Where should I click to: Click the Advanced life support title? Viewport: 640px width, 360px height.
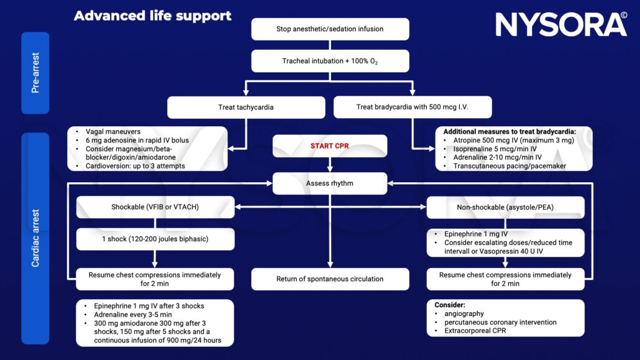[152, 16]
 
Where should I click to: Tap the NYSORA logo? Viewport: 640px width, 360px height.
[560, 24]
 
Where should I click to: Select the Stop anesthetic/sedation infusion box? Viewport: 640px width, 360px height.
[330, 29]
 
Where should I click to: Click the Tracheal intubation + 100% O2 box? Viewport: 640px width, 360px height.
[330, 61]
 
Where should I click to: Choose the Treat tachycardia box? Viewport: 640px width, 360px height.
[245, 107]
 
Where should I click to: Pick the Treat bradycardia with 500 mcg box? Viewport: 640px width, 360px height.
[413, 107]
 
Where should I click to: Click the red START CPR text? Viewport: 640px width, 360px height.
[330, 146]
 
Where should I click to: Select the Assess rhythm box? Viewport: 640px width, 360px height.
[330, 183]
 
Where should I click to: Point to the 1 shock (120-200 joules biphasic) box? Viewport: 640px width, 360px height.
[155, 239]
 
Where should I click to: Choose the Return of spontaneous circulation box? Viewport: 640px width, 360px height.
[330, 279]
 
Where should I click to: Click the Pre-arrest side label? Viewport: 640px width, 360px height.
[35, 73]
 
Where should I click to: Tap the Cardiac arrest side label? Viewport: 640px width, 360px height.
[35, 238]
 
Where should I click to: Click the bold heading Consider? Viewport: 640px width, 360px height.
[449, 305]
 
